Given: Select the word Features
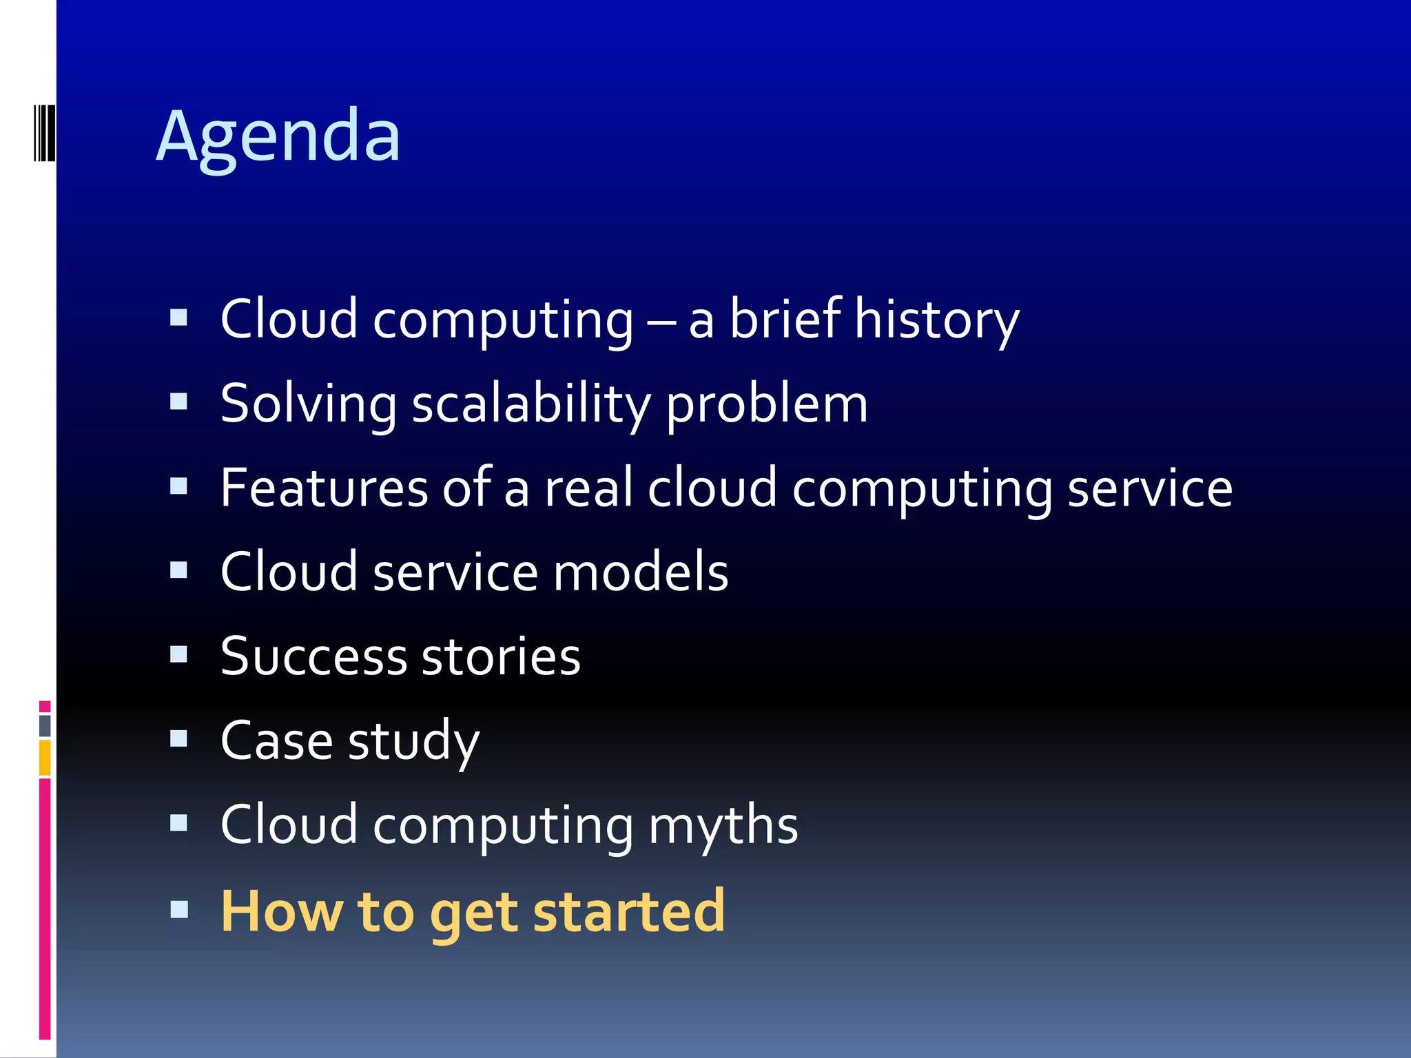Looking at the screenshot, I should click(x=324, y=488).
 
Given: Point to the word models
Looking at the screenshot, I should click(x=641, y=572).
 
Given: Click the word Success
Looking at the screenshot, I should click(x=313, y=656).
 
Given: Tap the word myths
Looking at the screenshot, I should click(x=723, y=824).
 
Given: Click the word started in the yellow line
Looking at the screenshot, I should click(x=629, y=911).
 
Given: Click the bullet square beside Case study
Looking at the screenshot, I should click(x=178, y=738).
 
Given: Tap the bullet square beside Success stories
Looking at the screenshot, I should click(x=178, y=654).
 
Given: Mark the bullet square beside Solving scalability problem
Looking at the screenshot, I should click(x=178, y=401).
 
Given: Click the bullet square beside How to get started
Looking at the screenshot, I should click(x=178, y=909).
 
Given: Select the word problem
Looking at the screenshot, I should click(x=766, y=405).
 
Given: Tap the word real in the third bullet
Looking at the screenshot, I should click(x=588, y=488).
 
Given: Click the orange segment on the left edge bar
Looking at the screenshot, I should click(x=45, y=758).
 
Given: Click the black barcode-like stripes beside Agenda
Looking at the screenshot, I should click(x=44, y=132).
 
